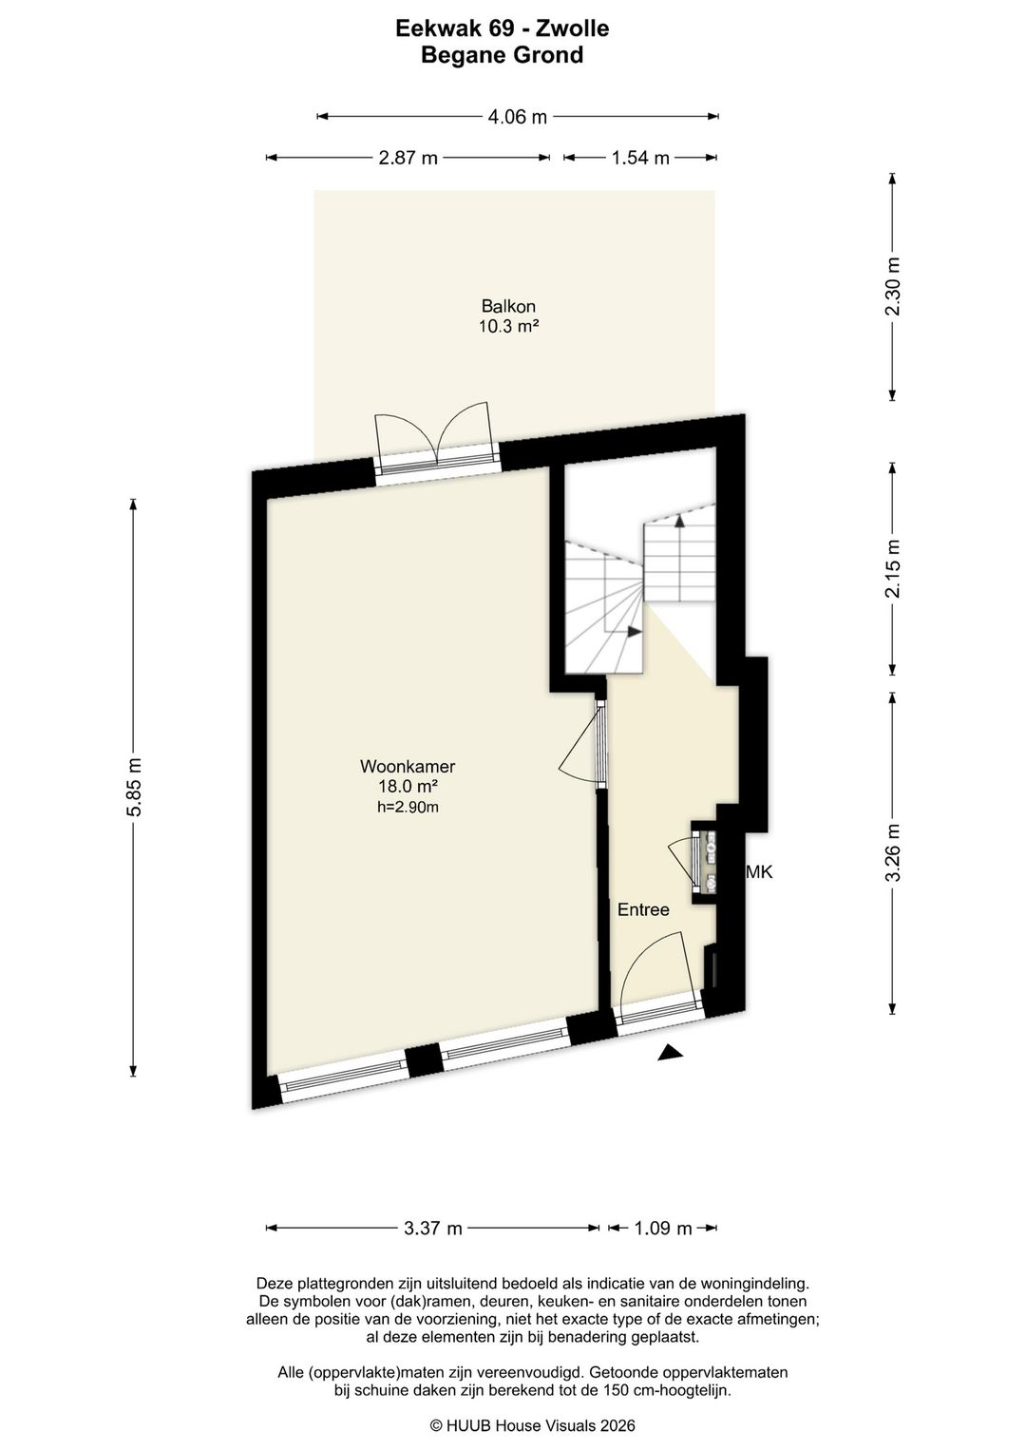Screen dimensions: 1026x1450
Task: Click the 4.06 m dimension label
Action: tap(517, 117)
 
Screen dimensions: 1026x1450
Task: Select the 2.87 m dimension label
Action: tap(408, 158)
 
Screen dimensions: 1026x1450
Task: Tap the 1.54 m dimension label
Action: tap(640, 158)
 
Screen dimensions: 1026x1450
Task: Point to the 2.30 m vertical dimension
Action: tap(893, 287)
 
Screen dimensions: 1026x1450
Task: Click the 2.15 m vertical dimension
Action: tap(893, 569)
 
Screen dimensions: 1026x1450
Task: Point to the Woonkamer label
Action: tap(408, 767)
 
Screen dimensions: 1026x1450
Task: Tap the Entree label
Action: tap(643, 909)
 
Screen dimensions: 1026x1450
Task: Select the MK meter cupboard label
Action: tap(759, 872)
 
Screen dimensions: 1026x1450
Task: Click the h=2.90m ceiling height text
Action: tap(408, 807)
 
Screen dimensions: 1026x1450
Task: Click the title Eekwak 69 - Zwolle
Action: tap(503, 29)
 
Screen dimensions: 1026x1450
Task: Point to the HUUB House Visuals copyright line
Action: tap(533, 1424)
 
